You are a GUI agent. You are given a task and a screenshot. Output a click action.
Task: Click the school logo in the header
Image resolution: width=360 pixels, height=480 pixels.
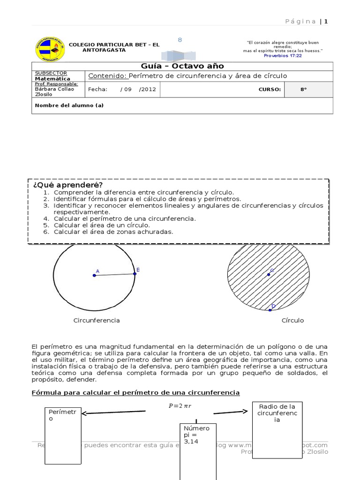coord(50,49)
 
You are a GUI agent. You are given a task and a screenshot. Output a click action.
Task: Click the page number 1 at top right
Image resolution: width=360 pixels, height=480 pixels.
coord(326,21)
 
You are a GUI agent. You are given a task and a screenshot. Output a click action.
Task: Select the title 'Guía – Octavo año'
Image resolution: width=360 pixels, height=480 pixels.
coord(182,66)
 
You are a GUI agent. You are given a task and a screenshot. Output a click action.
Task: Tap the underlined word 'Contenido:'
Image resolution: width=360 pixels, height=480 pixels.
coord(107,76)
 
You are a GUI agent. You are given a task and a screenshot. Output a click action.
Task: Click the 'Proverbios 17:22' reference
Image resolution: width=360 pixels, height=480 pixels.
coord(283,55)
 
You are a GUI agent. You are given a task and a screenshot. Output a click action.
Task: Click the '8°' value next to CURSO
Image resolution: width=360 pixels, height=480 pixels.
coord(304,90)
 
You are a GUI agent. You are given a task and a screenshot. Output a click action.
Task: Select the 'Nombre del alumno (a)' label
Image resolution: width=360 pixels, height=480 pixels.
coord(69,105)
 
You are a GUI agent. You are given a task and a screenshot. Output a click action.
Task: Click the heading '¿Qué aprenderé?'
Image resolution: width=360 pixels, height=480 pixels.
coord(67,185)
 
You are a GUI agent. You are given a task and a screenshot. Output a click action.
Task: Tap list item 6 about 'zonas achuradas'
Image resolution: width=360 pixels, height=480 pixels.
coord(113,232)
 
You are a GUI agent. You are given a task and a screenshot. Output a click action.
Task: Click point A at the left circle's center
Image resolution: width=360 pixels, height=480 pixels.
coord(95,275)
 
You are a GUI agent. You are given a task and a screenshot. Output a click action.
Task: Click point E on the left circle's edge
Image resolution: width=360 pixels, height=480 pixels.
coord(135,273)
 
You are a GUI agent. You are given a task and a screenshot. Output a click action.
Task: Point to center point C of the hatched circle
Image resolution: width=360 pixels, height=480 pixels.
coord(269,274)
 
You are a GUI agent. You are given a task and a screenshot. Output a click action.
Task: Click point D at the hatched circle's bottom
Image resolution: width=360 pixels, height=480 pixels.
coord(270,309)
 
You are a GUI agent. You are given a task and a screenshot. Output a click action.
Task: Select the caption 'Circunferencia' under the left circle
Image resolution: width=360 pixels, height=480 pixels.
coord(97,321)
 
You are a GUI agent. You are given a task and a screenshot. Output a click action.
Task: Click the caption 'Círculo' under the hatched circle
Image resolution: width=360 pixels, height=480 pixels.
coord(292,321)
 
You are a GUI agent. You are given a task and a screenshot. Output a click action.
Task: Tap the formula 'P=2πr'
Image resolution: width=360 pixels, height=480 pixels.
coord(180,406)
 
